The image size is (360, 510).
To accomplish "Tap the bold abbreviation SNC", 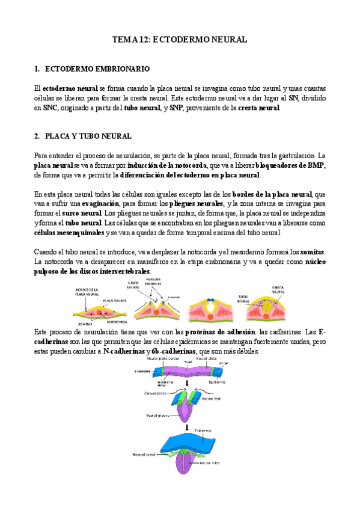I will (50, 108).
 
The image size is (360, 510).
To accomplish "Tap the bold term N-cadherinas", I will (127, 351).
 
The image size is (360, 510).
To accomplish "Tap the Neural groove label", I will (157, 416).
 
